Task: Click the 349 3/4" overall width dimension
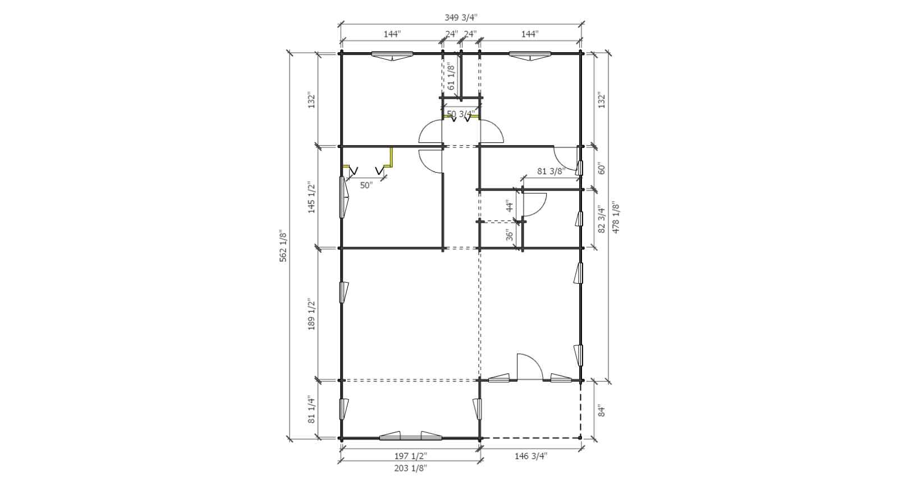tap(461, 17)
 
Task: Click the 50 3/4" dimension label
tap(461, 114)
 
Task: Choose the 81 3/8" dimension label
tap(551, 172)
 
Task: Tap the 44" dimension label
tap(510, 206)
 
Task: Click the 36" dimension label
tap(510, 235)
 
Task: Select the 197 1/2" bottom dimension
tap(410, 456)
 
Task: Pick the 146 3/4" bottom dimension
tap(531, 456)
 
